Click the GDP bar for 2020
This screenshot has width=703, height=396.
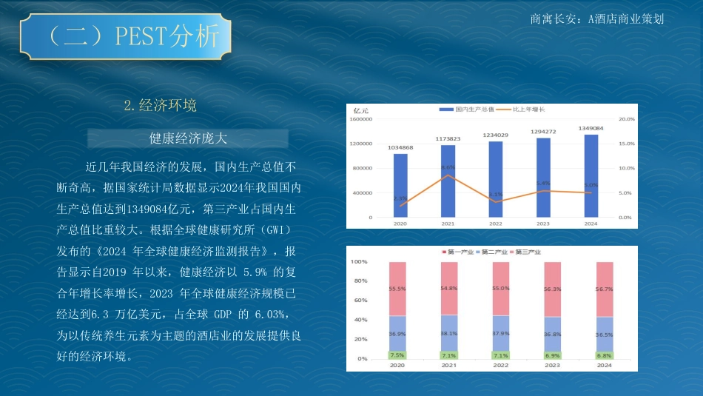pos(400,185)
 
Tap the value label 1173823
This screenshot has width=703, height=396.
pos(448,139)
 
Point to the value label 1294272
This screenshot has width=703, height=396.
pos(543,132)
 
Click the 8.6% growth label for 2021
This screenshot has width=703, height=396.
pos(448,168)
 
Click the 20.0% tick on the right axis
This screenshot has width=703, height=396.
pos(626,119)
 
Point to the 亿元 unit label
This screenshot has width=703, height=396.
pos(361,110)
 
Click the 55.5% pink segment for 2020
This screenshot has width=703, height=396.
pos(397,289)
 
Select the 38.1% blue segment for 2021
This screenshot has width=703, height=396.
pos(449,333)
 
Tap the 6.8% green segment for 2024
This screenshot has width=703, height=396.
pos(604,355)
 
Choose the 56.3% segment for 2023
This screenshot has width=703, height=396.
pos(553,289)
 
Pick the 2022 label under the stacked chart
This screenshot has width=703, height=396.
pos(501,366)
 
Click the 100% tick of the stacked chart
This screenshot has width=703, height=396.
pos(359,262)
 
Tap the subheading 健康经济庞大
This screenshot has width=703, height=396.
pos(188,138)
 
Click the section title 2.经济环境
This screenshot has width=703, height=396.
pos(160,105)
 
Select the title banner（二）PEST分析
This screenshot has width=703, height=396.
pos(126,36)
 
